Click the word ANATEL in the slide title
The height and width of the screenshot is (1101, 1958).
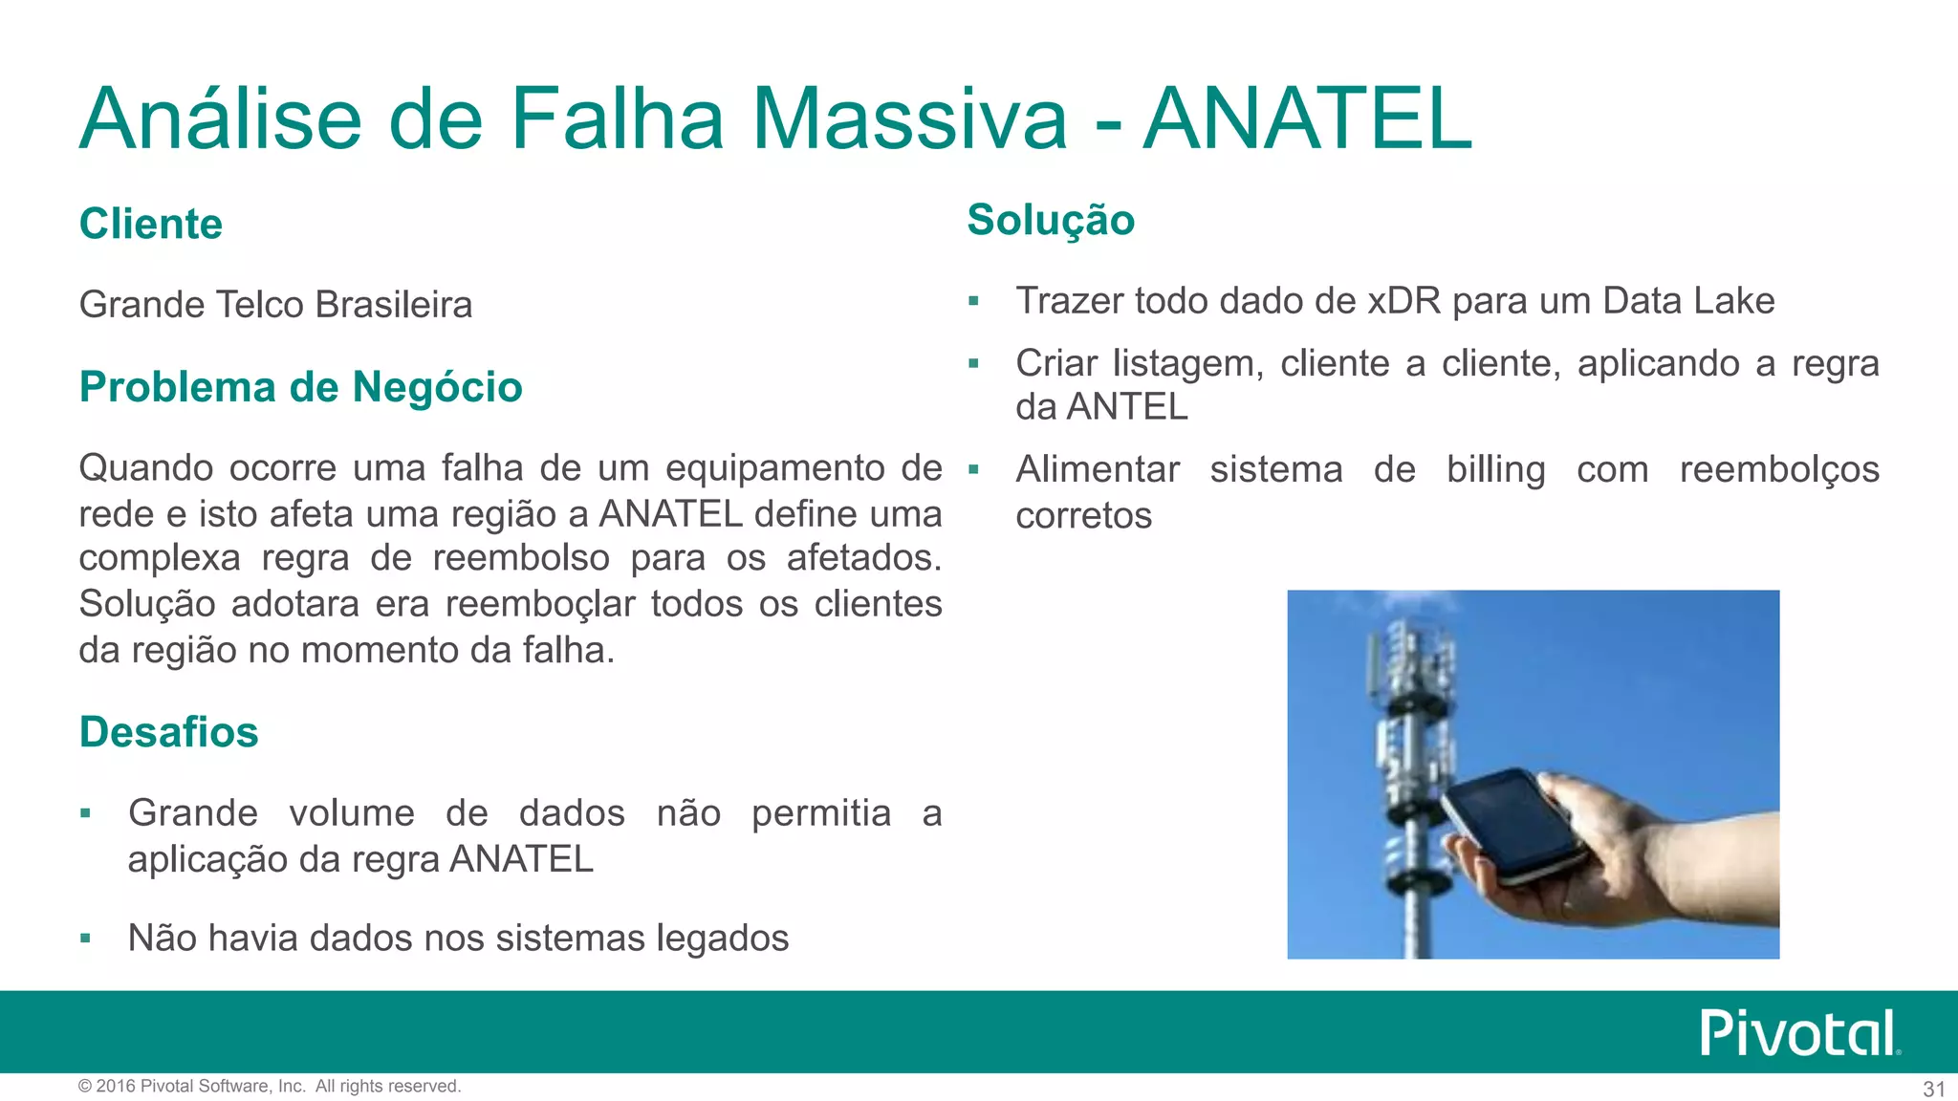(x=1307, y=119)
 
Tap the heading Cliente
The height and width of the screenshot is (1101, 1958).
(x=150, y=224)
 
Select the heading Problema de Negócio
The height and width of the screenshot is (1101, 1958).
(x=300, y=387)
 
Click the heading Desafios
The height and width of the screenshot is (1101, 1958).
(x=168, y=732)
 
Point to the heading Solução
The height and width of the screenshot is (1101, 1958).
(x=1050, y=220)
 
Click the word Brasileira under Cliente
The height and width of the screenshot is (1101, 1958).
(x=393, y=305)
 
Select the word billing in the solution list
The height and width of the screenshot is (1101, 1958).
(x=1495, y=470)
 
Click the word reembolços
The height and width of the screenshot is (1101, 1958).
(x=1778, y=470)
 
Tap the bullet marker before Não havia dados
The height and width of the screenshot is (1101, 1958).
(x=86, y=939)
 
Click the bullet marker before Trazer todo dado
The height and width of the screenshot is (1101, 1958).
(x=973, y=302)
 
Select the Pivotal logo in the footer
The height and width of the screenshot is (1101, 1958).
(x=1797, y=1033)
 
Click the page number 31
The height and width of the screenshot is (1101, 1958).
(x=1933, y=1089)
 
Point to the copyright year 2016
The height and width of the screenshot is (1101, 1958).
(x=116, y=1086)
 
